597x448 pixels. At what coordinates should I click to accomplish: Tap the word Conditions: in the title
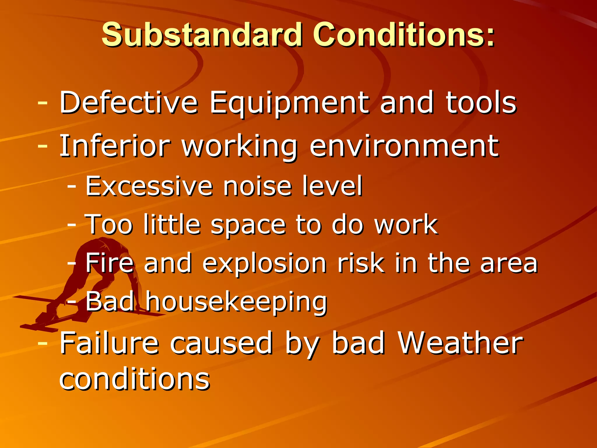coord(404,35)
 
